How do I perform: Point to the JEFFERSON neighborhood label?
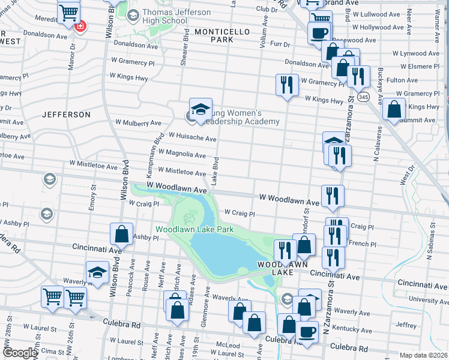pyautogui.click(x=66, y=114)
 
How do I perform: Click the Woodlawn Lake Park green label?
pyautogui.click(x=194, y=229)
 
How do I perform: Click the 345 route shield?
pyautogui.click(x=362, y=96)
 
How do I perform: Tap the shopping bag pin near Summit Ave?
pyautogui.click(x=394, y=110)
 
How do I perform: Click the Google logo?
pyautogui.click(x=20, y=353)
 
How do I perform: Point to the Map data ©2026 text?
pyautogui.click(x=423, y=355)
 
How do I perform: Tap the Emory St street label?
pyautogui.click(x=92, y=198)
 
